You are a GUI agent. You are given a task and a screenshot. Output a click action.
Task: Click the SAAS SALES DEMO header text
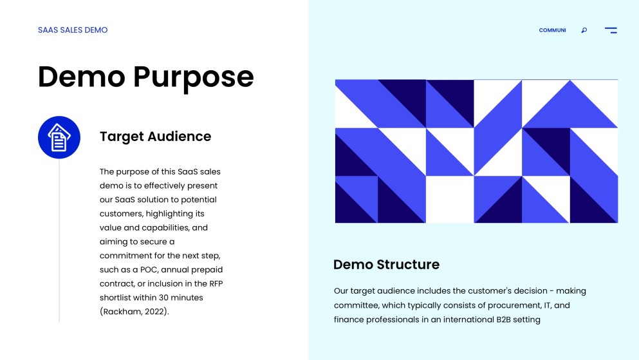pos(73,30)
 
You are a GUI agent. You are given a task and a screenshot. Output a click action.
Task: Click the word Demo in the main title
pos(81,77)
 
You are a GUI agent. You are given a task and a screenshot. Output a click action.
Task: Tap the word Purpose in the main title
pos(194,77)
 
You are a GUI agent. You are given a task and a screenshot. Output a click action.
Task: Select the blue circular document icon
pos(59,137)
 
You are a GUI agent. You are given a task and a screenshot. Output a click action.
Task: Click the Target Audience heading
pos(155,137)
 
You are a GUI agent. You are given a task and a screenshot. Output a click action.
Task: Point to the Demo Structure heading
pos(386,265)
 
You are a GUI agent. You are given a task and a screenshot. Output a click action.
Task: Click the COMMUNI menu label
pos(552,30)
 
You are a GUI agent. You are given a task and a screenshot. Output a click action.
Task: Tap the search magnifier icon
pos(584,30)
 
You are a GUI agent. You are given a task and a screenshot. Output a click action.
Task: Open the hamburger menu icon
pos(611,30)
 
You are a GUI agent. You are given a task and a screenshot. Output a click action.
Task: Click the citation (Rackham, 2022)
pos(134,312)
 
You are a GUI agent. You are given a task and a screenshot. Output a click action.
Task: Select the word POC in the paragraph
pos(149,270)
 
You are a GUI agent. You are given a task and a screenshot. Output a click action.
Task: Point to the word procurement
pos(517,305)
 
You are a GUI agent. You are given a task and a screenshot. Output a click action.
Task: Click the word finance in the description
pos(349,319)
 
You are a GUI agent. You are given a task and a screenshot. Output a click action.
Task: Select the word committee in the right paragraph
pos(355,305)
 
